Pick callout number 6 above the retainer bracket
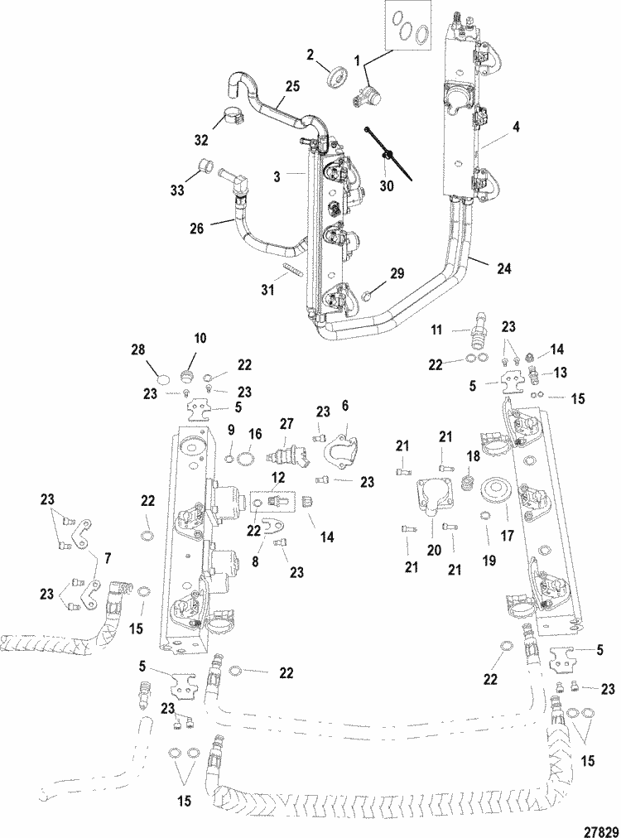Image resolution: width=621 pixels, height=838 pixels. [x=344, y=406]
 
